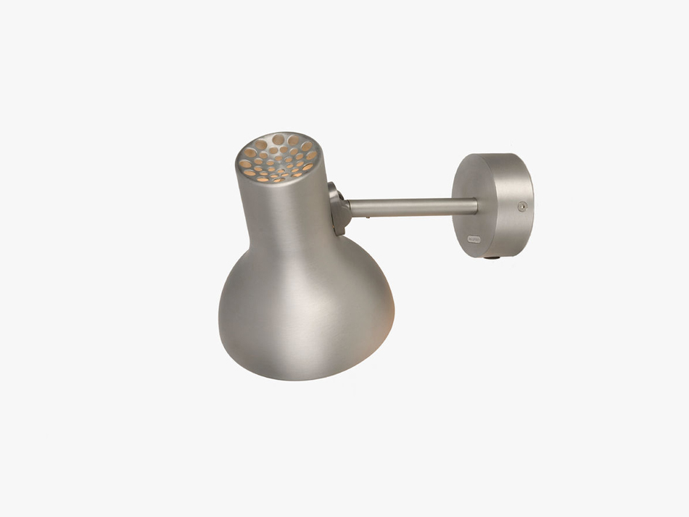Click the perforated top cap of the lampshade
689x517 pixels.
(279, 156)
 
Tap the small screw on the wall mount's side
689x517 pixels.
(521, 207)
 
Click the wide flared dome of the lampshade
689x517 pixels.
(305, 312)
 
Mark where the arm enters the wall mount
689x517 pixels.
(477, 206)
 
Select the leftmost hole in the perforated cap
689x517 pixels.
(245, 165)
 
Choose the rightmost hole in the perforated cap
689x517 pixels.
(312, 155)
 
